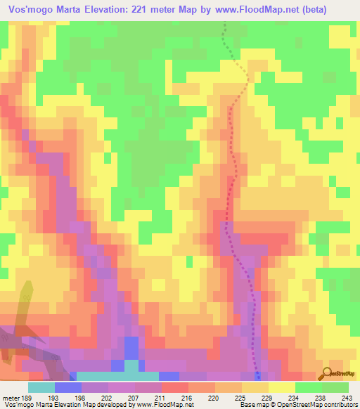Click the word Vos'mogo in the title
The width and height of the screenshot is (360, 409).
click(x=33, y=10)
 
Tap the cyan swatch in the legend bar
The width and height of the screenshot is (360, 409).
click(x=41, y=387)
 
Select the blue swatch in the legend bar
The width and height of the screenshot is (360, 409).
click(x=68, y=387)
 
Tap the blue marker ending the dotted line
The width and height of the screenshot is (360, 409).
click(x=257, y=374)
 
